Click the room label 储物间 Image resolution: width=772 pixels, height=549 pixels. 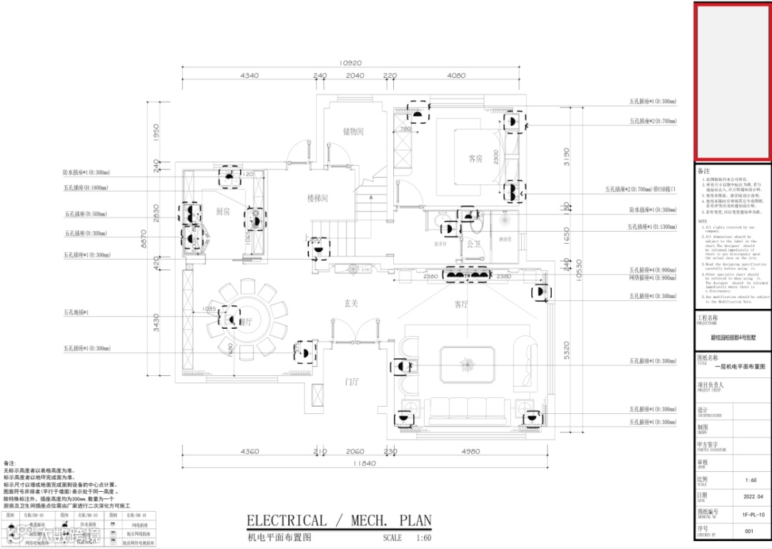353,132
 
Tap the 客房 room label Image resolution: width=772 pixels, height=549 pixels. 475,159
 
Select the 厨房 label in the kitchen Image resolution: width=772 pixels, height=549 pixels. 223,212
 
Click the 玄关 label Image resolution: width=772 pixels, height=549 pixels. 350,304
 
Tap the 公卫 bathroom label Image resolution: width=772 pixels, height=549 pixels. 473,244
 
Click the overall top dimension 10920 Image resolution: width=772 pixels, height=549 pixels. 350,63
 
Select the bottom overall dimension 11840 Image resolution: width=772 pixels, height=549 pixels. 363,464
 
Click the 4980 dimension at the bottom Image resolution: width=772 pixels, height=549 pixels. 470,452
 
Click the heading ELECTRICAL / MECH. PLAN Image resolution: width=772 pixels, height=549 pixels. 339,520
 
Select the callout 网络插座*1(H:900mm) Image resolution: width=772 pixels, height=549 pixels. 652,277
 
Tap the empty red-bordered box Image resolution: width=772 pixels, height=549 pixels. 732,80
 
